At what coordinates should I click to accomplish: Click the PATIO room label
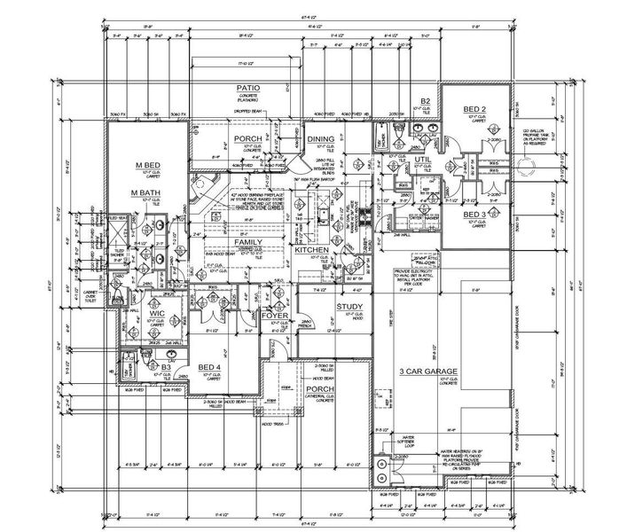247,89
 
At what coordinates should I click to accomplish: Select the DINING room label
320,139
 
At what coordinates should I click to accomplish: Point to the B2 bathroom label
426,101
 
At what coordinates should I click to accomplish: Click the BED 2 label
475,109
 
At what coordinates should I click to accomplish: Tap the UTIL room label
423,160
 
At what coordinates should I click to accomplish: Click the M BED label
147,166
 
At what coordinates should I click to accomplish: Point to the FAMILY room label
247,241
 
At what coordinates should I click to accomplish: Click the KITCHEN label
313,251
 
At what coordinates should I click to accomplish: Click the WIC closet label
158,314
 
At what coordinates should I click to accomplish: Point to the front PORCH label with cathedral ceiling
318,389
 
